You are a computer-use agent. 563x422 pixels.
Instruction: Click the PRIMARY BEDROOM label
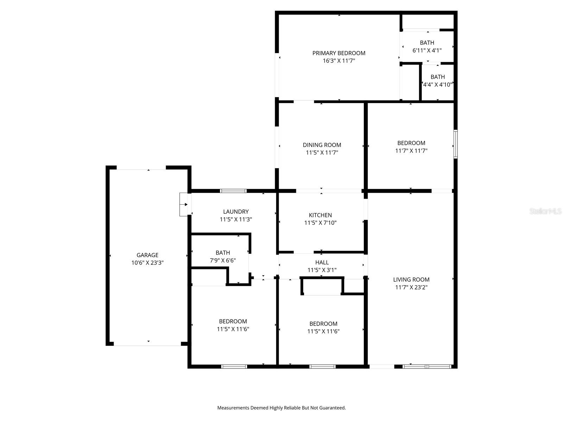click(339, 53)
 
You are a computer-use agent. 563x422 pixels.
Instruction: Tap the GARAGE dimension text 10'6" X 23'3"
click(147, 263)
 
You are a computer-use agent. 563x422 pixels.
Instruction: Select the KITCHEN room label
click(320, 215)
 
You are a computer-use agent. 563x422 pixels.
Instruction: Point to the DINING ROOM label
click(322, 145)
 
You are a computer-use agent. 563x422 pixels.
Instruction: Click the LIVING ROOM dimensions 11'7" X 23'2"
click(411, 287)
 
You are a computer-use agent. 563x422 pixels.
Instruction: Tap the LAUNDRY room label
click(236, 212)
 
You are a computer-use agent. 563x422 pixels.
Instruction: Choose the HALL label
click(322, 262)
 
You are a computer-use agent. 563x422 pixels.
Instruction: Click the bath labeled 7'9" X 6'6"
click(223, 257)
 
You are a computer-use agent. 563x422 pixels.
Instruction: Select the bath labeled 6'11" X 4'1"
click(427, 46)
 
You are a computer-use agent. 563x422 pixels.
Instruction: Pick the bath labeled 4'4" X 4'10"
click(437, 81)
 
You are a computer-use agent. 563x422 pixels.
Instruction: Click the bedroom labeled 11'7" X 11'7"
click(411, 147)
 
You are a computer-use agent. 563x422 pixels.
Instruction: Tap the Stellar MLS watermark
click(545, 211)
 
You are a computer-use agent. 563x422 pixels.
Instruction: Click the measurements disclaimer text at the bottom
click(281, 408)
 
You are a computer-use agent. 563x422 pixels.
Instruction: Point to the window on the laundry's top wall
click(233, 191)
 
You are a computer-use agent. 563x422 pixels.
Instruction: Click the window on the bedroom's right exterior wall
click(455, 144)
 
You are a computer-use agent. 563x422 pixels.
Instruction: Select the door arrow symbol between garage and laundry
click(184, 204)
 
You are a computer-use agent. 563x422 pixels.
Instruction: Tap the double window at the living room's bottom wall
click(427, 366)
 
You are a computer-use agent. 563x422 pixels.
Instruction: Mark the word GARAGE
click(147, 255)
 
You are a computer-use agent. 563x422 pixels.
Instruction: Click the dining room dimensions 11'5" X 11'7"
click(322, 153)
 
